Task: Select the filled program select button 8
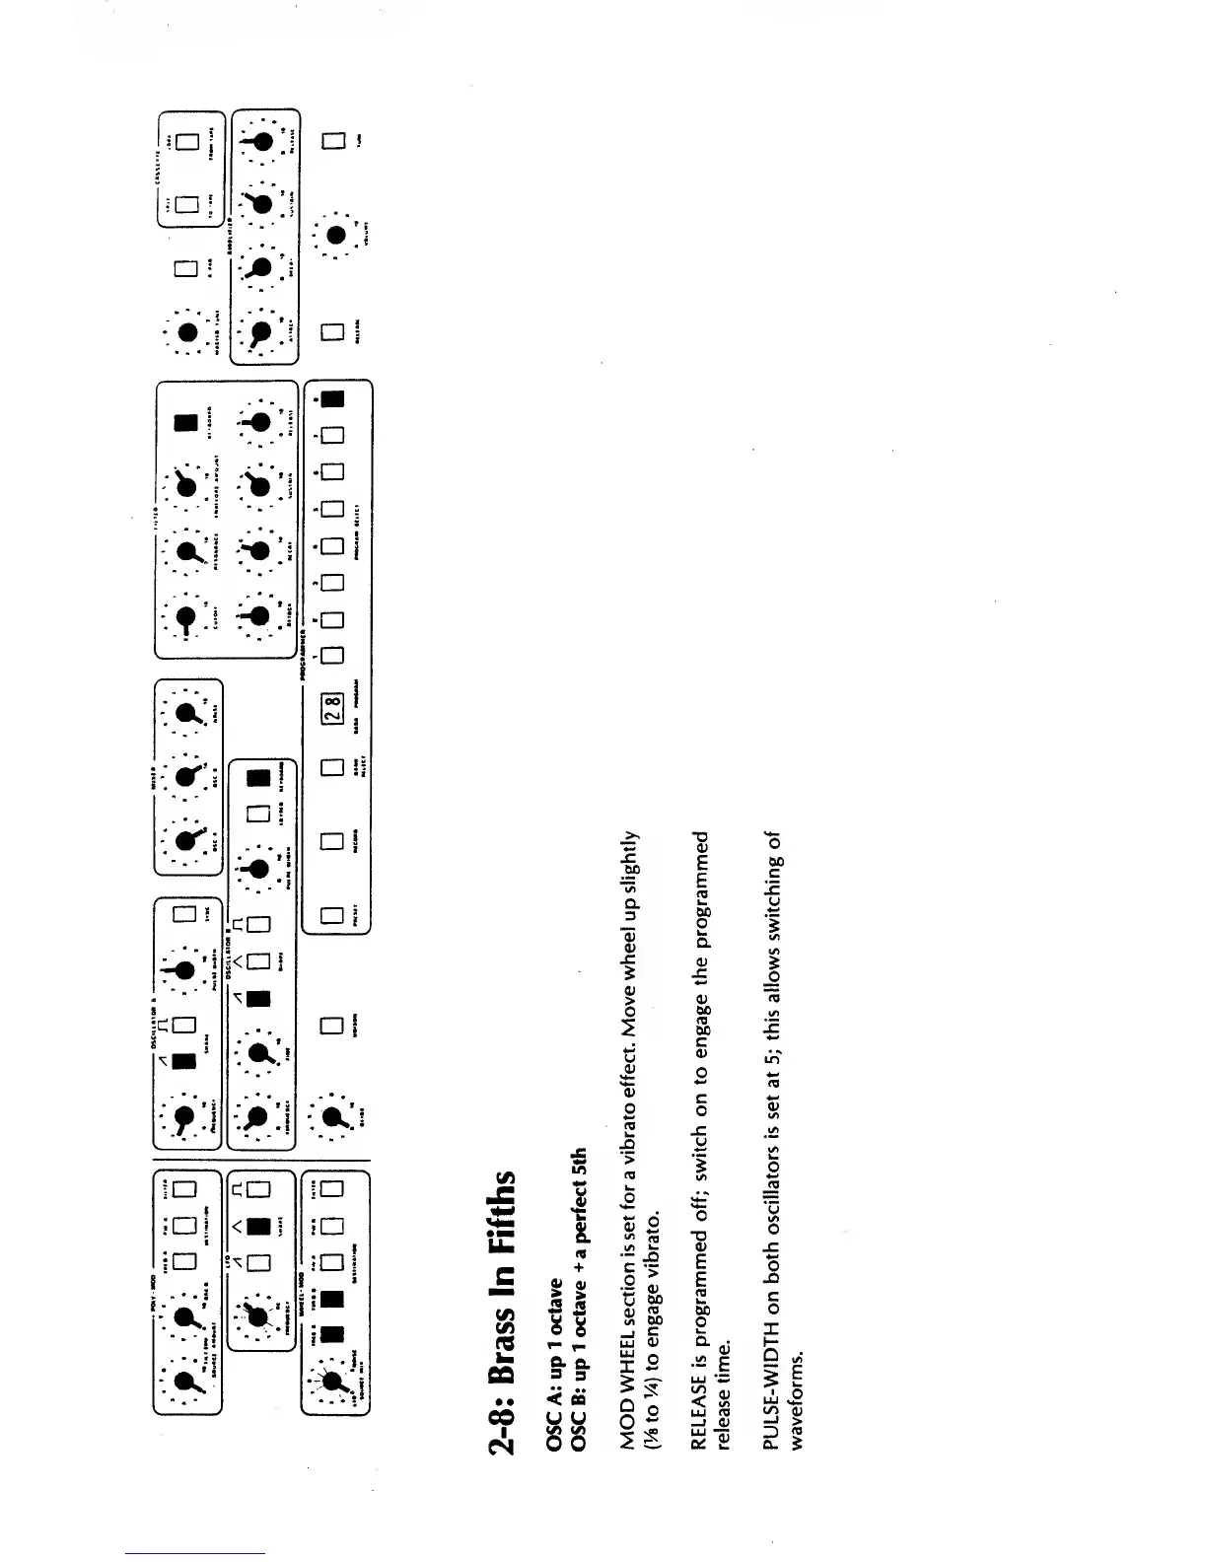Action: coord(332,398)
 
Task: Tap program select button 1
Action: coord(332,654)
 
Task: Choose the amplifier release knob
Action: coord(261,142)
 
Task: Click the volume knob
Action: coord(336,235)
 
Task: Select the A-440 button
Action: coord(186,268)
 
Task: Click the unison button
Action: coord(332,1024)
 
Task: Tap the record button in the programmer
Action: coord(332,841)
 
